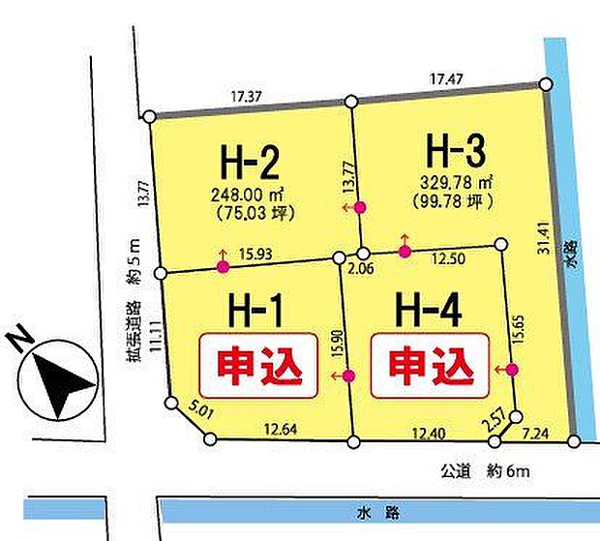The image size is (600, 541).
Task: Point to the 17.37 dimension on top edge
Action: pyautogui.click(x=250, y=97)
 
